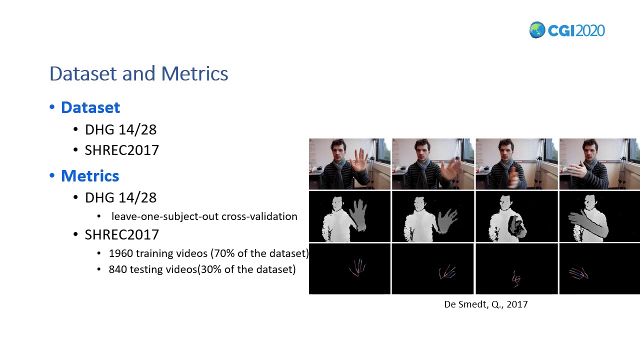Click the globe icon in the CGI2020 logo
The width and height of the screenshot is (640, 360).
pyautogui.click(x=537, y=30)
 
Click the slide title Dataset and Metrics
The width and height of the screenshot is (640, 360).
pyautogui.click(x=138, y=73)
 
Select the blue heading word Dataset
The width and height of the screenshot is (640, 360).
pyautogui.click(x=90, y=107)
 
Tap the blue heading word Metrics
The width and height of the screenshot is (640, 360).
pyautogui.click(x=90, y=176)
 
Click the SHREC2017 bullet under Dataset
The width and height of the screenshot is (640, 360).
pyautogui.click(x=121, y=150)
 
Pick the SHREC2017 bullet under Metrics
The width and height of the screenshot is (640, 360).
pyautogui.click(x=121, y=234)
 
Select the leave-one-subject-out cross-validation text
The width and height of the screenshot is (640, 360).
pyautogui.click(x=204, y=216)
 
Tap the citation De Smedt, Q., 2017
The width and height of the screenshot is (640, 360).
pyautogui.click(x=485, y=304)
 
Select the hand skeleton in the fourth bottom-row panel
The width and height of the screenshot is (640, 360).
pyautogui.click(x=578, y=273)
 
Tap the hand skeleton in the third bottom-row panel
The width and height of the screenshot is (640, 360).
pyautogui.click(x=516, y=278)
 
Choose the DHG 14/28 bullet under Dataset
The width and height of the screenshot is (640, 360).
pyautogui.click(x=120, y=129)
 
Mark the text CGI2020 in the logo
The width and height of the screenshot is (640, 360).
pyautogui.click(x=576, y=30)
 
